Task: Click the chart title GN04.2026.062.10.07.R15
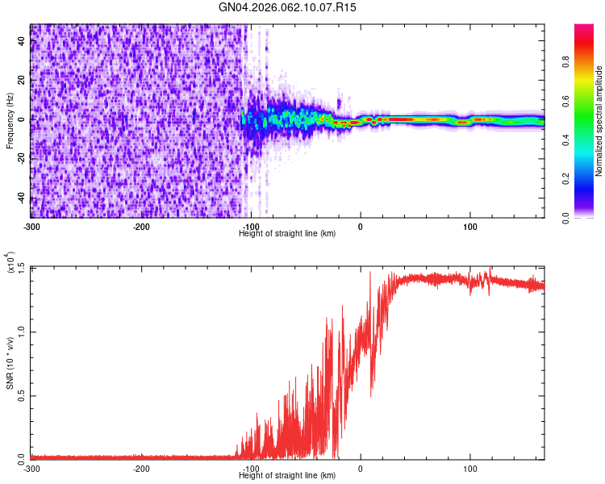point(288,7)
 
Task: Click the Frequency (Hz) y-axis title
point(10,119)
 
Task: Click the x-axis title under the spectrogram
point(287,233)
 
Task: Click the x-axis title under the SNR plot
point(287,474)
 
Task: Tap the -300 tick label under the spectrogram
point(32,226)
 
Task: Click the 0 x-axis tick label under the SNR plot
point(361,468)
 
